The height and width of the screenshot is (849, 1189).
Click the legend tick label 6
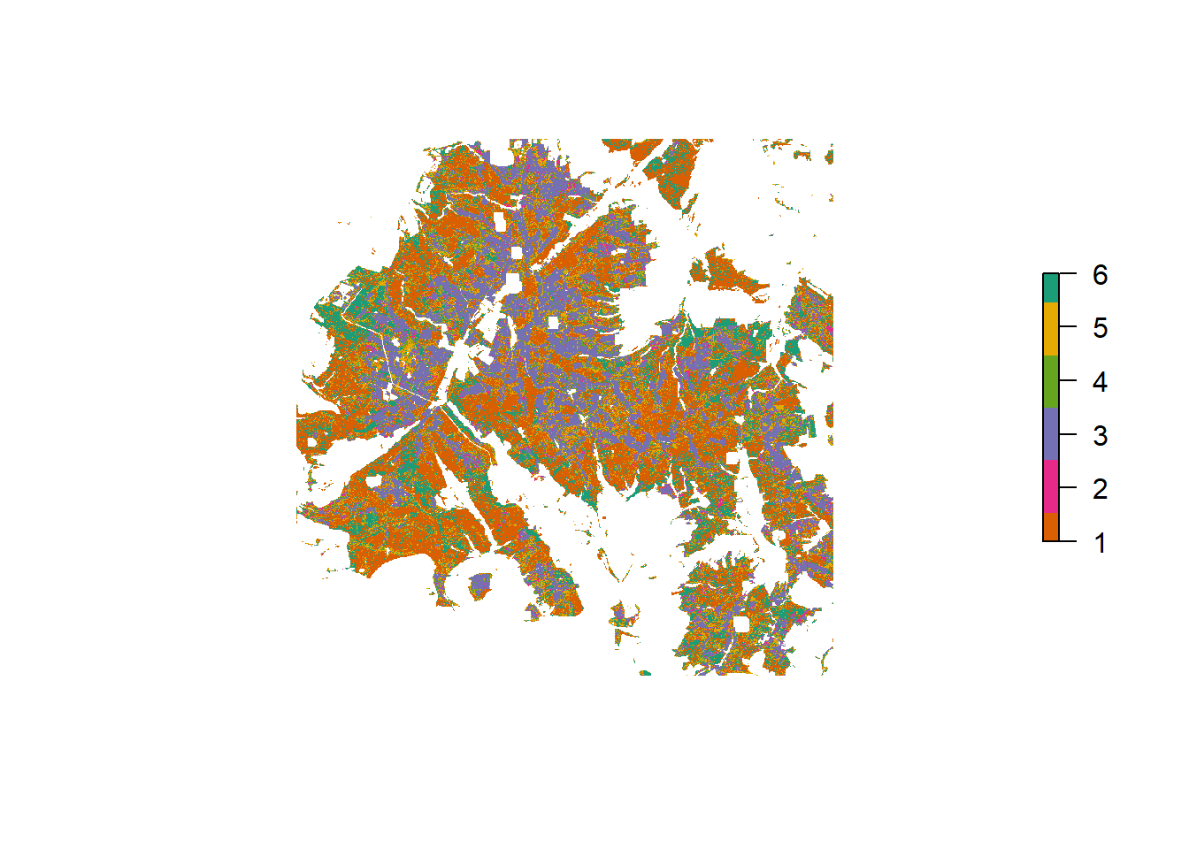(x=1100, y=275)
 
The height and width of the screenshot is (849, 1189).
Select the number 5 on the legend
(x=1100, y=328)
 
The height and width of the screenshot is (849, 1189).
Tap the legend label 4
(x=1100, y=382)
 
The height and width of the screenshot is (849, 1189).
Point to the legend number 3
(x=1100, y=435)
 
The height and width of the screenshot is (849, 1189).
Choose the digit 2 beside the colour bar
(x=1100, y=488)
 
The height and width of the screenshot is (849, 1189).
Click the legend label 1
(x=1100, y=542)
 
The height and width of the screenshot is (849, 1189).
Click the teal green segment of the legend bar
(x=1051, y=287)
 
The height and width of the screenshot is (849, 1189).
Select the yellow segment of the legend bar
(x=1051, y=328)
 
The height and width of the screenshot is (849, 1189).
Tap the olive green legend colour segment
(x=1051, y=381)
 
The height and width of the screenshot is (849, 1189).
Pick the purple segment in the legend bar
(x=1051, y=433)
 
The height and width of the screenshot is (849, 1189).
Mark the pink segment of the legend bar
(x=1051, y=486)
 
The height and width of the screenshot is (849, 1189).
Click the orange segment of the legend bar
(x=1051, y=527)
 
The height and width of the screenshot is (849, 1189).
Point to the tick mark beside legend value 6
(x=1068, y=274)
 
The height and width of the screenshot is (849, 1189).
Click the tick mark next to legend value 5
(x=1068, y=327)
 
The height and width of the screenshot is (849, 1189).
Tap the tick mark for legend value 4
(x=1068, y=381)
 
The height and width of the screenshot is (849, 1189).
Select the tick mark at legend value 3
(x=1068, y=434)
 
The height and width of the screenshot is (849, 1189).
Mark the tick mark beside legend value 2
(x=1068, y=487)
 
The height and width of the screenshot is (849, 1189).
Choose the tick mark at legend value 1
(x=1068, y=540)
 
